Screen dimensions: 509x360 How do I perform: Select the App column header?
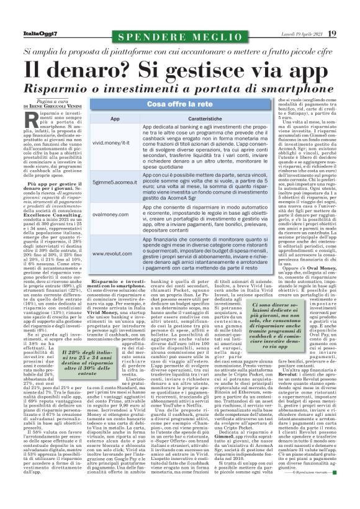(x=115, y=118)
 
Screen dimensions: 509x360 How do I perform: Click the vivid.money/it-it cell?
(x=115, y=142)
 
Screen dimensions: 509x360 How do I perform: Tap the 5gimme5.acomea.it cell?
(x=115, y=183)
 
